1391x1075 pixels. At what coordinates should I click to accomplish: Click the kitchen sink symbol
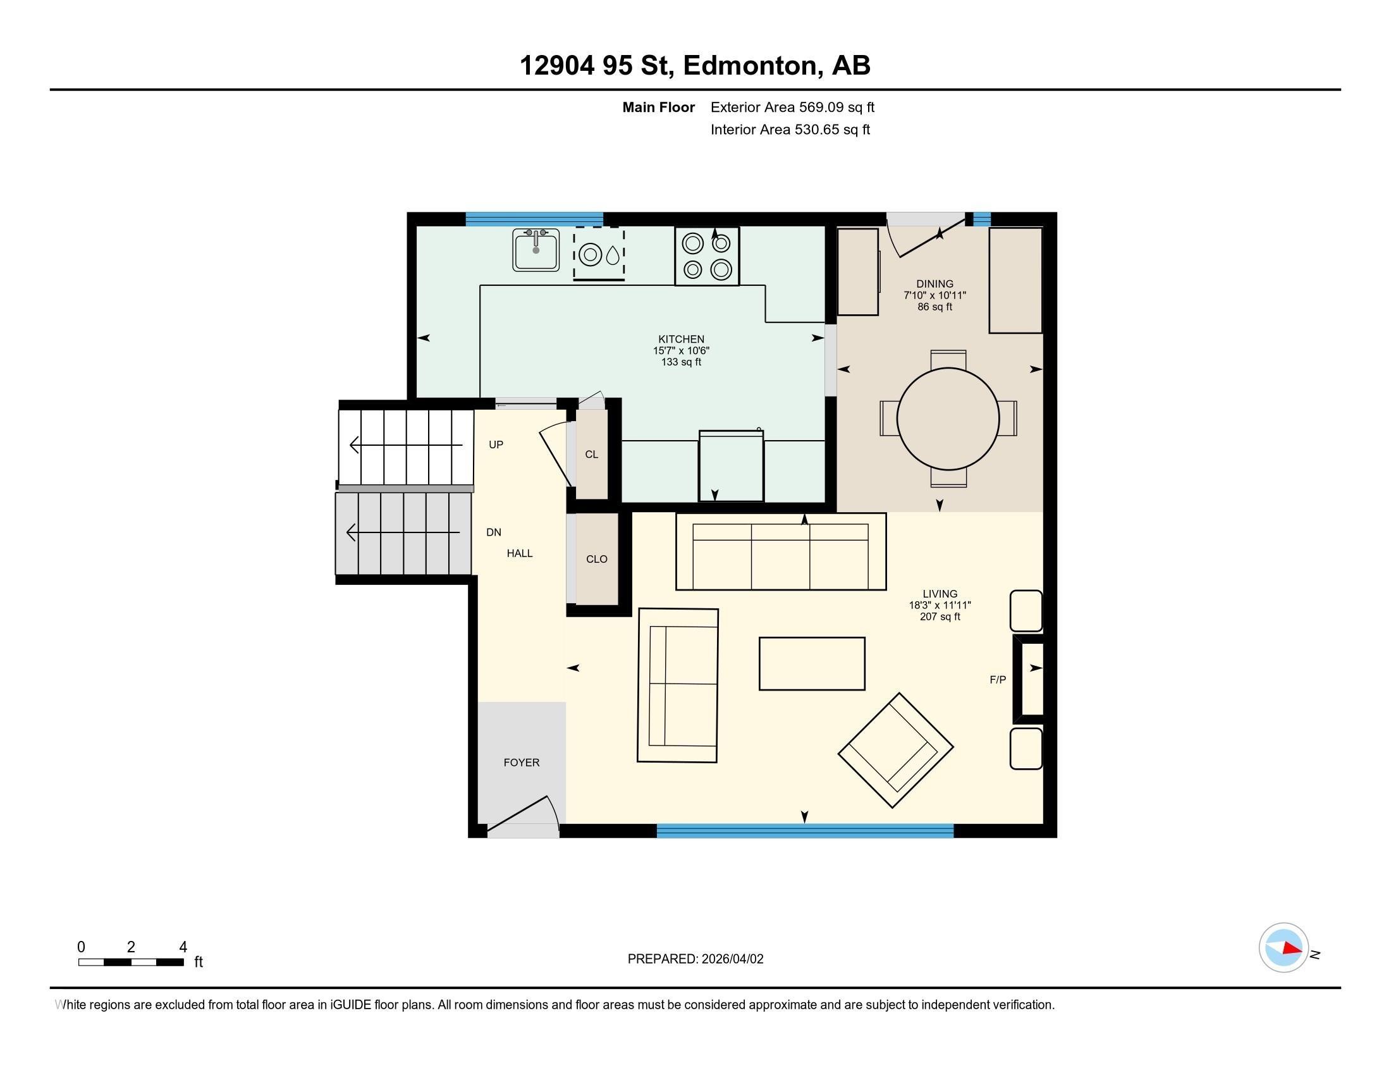click(536, 250)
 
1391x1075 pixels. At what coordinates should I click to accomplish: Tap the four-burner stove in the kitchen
click(707, 256)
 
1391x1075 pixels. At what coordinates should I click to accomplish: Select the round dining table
click(948, 419)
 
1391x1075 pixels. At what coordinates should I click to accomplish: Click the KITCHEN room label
click(681, 340)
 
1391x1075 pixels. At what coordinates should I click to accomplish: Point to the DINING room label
click(934, 284)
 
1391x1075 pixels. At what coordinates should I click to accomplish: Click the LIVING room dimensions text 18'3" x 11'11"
click(940, 605)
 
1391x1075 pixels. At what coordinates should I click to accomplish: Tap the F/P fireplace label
click(997, 680)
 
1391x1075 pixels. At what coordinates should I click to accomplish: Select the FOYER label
click(521, 763)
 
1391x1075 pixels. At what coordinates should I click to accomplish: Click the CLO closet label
click(596, 559)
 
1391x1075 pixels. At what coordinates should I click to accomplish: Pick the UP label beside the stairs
click(496, 445)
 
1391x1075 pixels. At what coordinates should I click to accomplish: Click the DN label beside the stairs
click(494, 532)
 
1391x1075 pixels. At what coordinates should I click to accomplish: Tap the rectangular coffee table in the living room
click(811, 663)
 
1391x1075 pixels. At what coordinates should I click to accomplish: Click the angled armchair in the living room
click(895, 750)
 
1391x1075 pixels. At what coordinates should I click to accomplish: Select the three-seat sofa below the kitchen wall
click(780, 552)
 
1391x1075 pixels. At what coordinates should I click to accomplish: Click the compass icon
click(1284, 948)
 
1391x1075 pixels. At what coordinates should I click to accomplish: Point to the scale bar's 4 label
click(183, 947)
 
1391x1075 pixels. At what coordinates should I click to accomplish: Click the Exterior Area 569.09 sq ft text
click(792, 107)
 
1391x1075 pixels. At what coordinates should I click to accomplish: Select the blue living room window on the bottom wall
click(804, 830)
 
